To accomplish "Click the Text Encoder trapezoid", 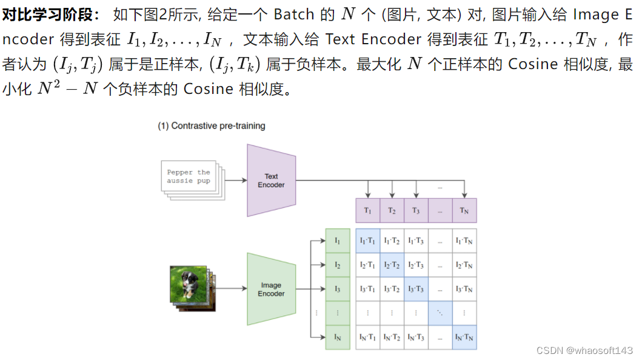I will click(271, 181).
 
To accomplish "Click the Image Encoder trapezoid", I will click(271, 289).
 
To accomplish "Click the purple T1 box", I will click(367, 210).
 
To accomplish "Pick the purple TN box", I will click(464, 210).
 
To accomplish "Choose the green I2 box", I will click(338, 265).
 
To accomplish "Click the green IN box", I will click(338, 337).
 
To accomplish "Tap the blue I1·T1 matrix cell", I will click(367, 241).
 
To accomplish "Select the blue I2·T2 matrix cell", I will click(392, 265).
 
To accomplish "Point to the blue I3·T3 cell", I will click(416, 289).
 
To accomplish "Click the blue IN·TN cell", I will click(464, 337).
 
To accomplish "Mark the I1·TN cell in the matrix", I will click(464, 241).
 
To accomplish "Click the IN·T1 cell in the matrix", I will click(367, 337).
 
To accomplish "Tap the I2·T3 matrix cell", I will click(416, 265).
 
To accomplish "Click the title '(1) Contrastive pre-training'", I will click(212, 126).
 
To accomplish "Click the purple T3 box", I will click(416, 210).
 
